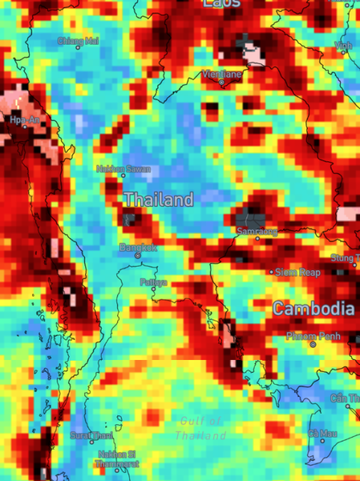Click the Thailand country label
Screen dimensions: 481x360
158,200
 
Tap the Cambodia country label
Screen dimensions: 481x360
313,308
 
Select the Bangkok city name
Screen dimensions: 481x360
138,247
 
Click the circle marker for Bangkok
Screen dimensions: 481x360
137,256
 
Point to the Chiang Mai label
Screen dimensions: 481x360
78,41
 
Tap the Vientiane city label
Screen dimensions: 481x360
222,74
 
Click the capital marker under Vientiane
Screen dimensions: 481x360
221,82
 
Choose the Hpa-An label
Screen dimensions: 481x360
25,119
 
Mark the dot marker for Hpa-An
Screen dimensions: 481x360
25,126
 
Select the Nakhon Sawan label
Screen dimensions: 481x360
123,169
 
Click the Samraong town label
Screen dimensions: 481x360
257,232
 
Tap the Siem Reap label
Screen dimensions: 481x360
298,273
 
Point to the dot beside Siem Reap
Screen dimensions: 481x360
273,273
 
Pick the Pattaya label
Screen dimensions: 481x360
154,282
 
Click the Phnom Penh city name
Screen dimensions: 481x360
313,336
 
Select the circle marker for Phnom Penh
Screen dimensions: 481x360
313,344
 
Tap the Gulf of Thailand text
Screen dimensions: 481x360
201,428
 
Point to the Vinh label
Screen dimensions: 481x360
343,46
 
